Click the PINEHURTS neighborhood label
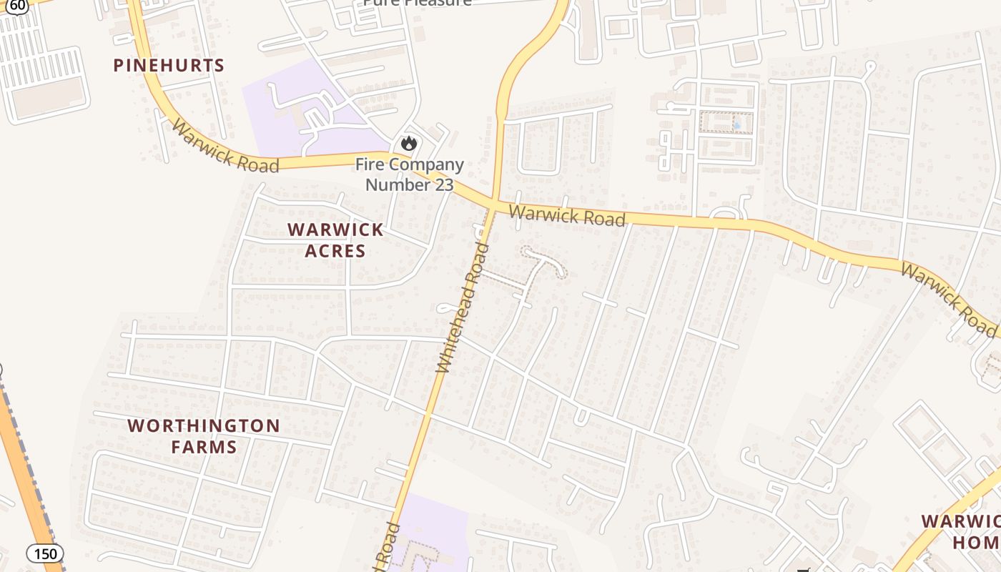pos(169,65)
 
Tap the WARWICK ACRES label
pos(335,240)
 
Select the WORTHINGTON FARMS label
pos(203,436)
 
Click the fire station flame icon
pos(408,143)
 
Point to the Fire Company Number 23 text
pos(410,174)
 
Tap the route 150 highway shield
pos(45,553)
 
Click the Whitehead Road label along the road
pos(463,308)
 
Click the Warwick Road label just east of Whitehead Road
pos(567,215)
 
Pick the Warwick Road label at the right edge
pos(948,300)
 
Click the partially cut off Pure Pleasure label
pos(417,3)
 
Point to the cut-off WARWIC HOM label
pos(961,531)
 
